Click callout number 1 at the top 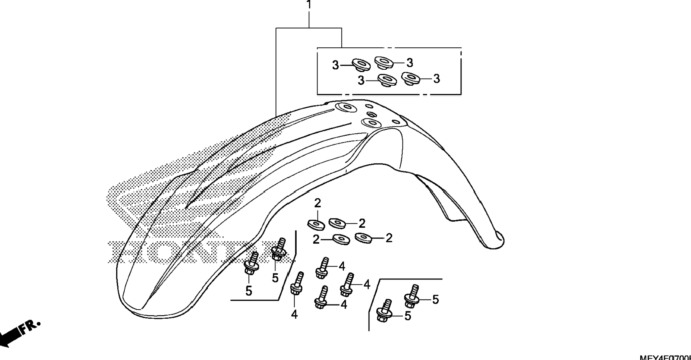click(x=309, y=5)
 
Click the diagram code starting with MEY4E click(x=665, y=357)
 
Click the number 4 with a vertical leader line click(x=294, y=315)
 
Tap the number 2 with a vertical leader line click(x=317, y=203)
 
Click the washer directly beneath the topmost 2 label click(x=316, y=224)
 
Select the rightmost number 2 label click(x=389, y=238)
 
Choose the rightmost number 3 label click(x=436, y=79)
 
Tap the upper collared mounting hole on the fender click(x=345, y=108)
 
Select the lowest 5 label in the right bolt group click(x=408, y=316)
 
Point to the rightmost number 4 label click(x=367, y=284)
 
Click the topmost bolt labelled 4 click(x=323, y=267)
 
